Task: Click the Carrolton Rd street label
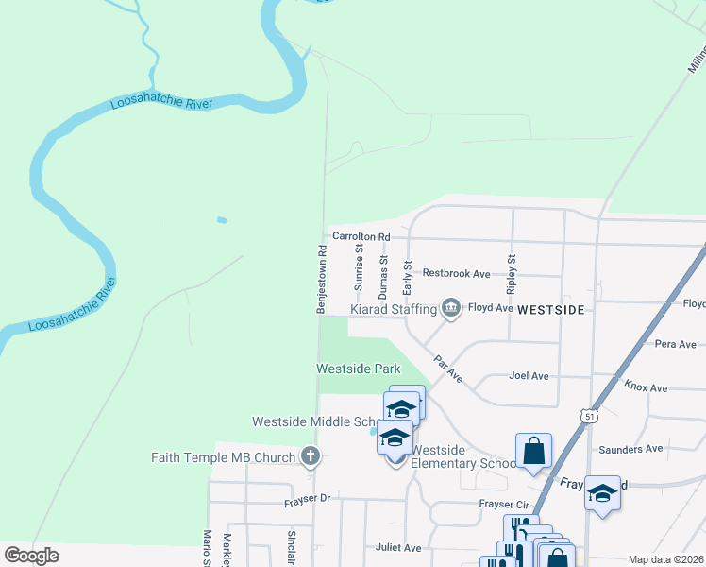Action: click(361, 236)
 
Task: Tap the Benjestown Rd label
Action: click(321, 280)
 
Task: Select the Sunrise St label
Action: click(359, 267)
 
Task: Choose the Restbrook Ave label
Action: click(456, 273)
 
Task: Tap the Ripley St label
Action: click(512, 271)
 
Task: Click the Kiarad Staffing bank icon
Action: click(451, 308)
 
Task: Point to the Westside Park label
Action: click(358, 369)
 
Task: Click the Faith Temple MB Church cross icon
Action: click(309, 457)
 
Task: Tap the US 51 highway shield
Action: click(589, 415)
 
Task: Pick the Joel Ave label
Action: click(529, 375)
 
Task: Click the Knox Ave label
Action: click(646, 387)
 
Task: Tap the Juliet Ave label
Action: click(398, 547)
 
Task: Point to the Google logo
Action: click(31, 556)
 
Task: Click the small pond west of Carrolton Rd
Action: click(221, 220)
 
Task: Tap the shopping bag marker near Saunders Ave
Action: click(533, 450)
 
